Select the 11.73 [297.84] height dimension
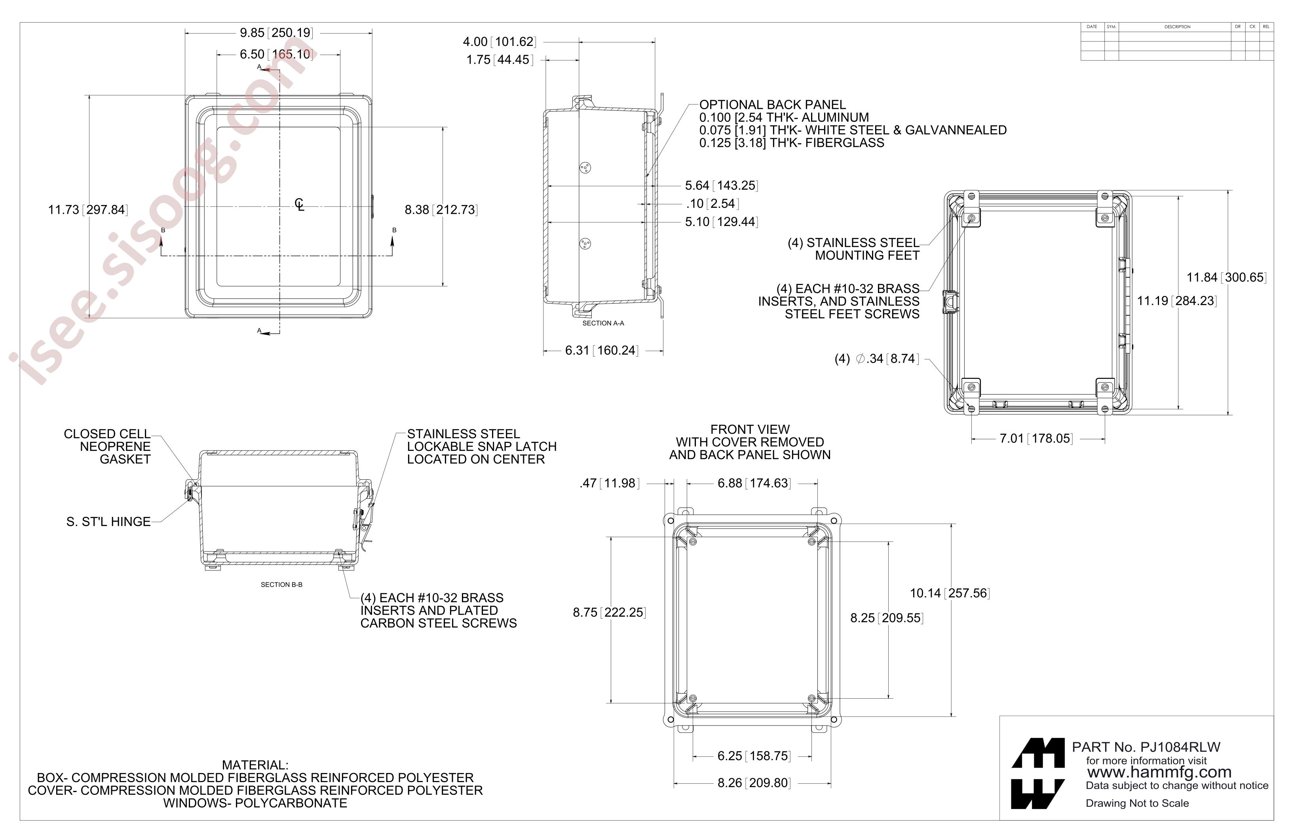coord(88,209)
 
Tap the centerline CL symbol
coord(300,205)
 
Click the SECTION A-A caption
coord(603,323)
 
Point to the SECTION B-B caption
coord(282,585)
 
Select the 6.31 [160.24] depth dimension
coord(602,351)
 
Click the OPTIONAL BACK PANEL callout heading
coord(772,105)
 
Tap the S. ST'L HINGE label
coord(108,522)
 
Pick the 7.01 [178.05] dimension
coord(1036,439)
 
